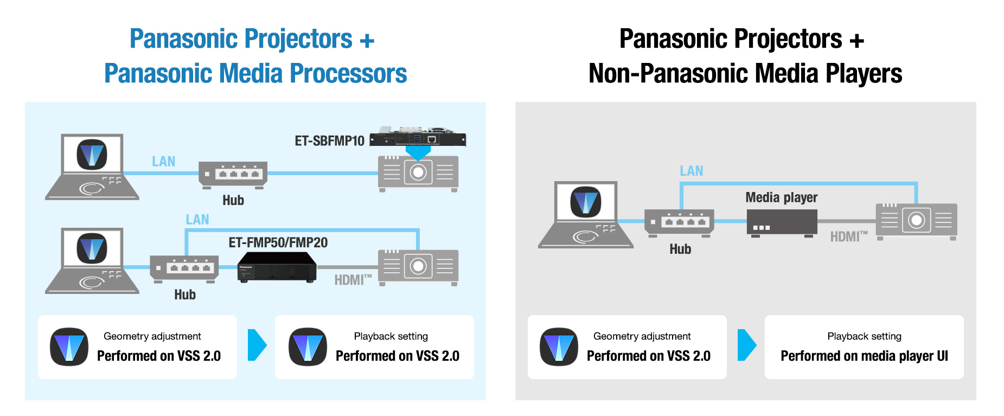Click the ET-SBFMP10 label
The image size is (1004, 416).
click(329, 141)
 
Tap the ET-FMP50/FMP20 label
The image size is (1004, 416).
click(278, 242)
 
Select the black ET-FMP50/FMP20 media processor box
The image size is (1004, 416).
click(277, 267)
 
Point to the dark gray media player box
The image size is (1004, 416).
click(782, 222)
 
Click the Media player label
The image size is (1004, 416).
click(781, 197)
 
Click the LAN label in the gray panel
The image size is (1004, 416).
click(692, 171)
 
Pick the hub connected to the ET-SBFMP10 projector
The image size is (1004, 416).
click(233, 175)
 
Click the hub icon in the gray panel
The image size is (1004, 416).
click(679, 223)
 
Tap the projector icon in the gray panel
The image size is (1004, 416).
click(917, 221)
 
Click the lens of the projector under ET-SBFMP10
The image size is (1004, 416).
click(418, 172)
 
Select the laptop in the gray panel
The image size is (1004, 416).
click(586, 215)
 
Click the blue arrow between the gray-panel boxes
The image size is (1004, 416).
click(747, 345)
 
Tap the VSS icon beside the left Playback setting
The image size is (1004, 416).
click(308, 347)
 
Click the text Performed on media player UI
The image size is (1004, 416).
click(864, 356)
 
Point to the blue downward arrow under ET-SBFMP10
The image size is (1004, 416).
click(418, 153)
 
